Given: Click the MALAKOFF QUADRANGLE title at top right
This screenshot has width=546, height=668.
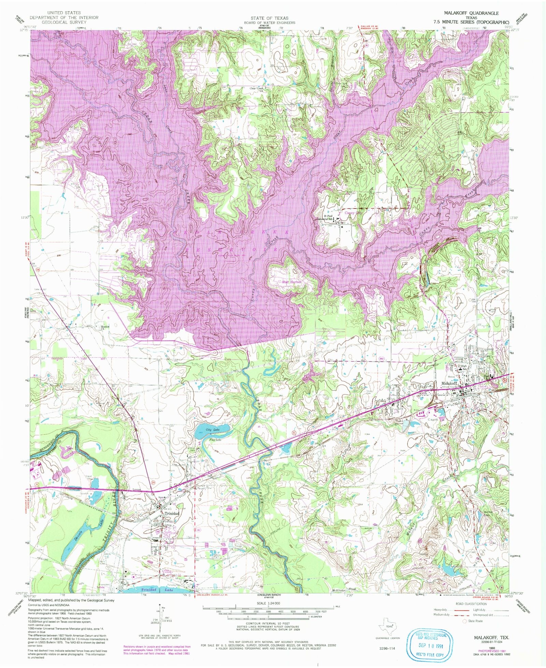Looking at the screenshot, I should (471, 13).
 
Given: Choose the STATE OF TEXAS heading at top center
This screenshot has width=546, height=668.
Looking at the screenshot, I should (274, 18).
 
